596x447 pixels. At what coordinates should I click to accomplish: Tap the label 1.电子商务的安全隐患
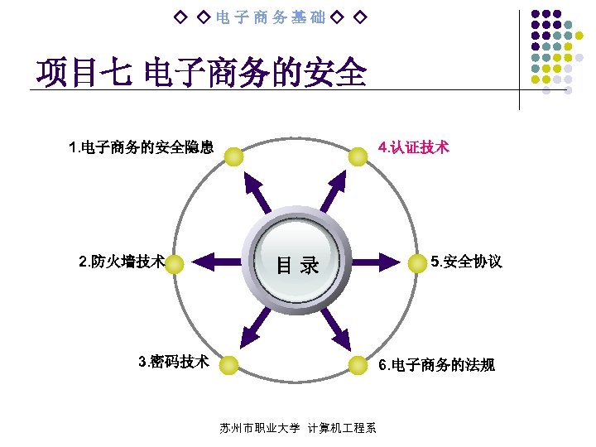142,149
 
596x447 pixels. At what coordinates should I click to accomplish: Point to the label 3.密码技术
174,362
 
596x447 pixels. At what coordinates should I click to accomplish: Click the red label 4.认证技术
413,148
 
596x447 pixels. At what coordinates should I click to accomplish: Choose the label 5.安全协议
466,262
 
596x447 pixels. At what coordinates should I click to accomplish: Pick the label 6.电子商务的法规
436,365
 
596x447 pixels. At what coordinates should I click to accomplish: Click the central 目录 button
297,264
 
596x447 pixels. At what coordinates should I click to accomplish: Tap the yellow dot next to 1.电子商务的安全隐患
233,156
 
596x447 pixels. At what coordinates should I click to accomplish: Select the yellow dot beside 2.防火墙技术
175,263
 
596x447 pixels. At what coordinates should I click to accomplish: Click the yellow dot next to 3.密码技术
228,365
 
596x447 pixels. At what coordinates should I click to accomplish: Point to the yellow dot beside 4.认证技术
358,156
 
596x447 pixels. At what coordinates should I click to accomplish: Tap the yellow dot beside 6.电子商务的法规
358,365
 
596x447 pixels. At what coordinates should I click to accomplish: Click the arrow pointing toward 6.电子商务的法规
335,327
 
